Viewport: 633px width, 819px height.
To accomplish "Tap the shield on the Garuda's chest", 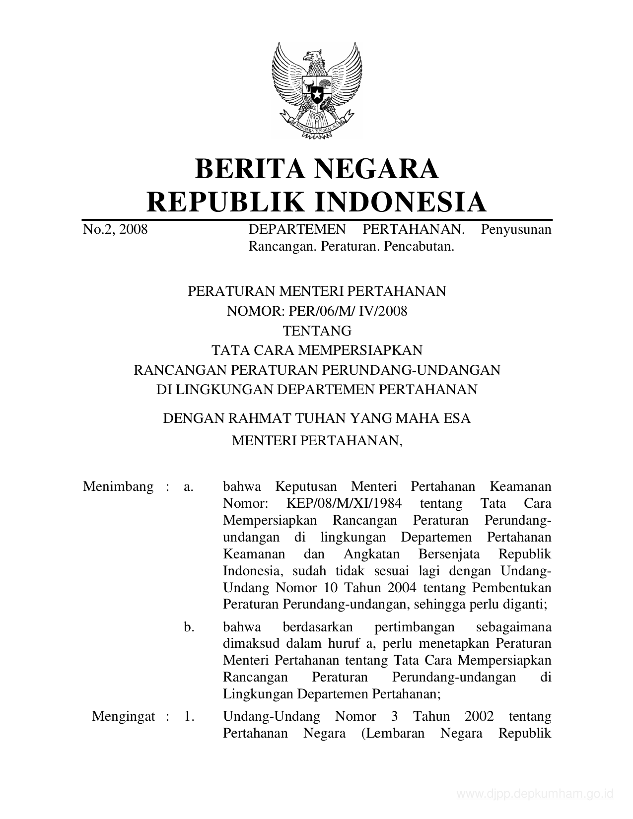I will point(316,91).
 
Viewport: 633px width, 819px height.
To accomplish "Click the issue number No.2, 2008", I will point(115,229).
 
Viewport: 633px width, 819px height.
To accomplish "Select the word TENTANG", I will point(317,331).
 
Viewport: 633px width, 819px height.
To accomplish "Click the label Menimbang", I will point(118,486).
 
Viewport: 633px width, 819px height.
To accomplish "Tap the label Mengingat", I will point(124,717).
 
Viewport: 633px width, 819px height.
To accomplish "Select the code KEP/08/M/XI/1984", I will point(344,504).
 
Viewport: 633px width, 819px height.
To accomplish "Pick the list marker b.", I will point(189,627).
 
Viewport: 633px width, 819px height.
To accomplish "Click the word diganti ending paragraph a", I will point(528,605).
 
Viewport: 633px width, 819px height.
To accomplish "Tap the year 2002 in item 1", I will point(479,717).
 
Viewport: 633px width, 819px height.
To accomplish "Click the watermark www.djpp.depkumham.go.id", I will point(535,794).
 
